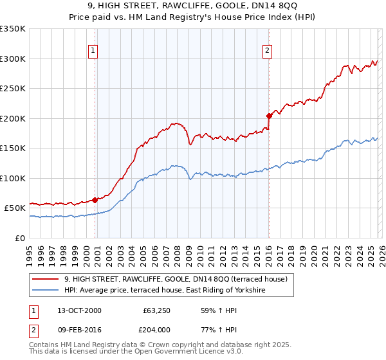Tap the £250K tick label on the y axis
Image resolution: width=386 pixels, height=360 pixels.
[13, 88]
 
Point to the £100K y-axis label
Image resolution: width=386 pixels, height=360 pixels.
[13, 178]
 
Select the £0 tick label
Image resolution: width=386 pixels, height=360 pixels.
[20, 238]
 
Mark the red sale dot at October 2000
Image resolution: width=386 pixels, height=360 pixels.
[95, 200]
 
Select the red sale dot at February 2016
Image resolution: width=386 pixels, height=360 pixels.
[269, 116]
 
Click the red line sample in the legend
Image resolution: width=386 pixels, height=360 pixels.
[45, 280]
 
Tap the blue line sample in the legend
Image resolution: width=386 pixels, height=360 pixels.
[45, 291]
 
